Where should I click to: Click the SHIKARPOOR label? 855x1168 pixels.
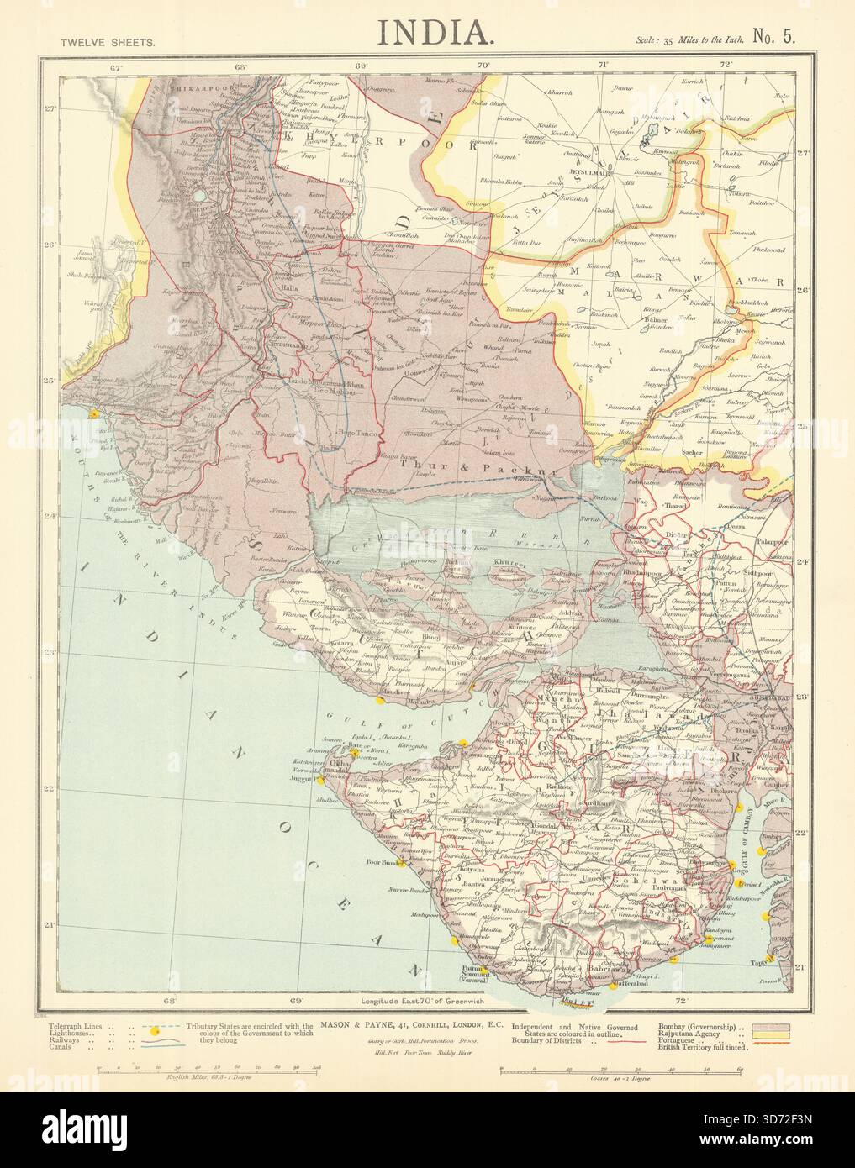198,87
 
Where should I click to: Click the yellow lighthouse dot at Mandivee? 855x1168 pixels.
381,699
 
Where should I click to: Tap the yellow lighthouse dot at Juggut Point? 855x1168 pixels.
320,781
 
